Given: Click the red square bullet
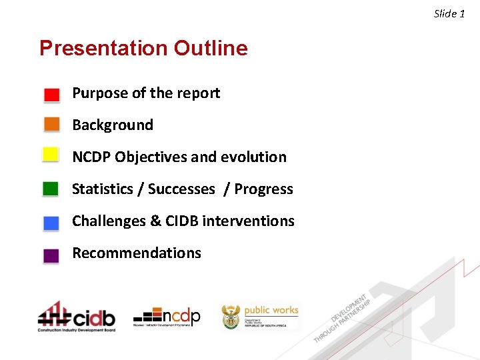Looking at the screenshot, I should tap(52, 95).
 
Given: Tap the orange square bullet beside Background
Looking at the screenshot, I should tap(52, 125).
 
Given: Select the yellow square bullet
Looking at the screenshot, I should tap(51, 154).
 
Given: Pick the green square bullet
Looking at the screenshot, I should tap(51, 189).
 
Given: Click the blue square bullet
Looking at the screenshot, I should tap(51, 223).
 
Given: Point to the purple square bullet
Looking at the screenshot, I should tap(51, 255).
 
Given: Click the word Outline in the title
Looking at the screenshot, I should tap(211, 48).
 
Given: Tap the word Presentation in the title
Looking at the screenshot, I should tap(103, 48).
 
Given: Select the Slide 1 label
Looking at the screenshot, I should tap(449, 13).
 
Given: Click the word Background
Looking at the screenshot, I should tap(113, 125).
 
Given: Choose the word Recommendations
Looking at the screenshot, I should tap(137, 253).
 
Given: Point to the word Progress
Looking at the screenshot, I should tap(263, 189).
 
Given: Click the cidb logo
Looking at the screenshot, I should tap(76, 316).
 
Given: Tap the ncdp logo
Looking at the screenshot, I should tap(167, 316).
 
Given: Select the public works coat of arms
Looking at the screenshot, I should tap(231, 316).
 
